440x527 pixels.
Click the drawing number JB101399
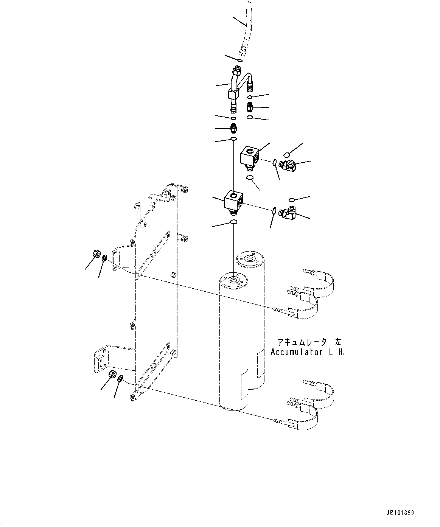400,513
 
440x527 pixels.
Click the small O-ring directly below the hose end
240,61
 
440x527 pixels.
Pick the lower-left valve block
233,200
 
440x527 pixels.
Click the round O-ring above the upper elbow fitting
287,154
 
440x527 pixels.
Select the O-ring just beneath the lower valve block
234,222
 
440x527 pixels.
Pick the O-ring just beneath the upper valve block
249,177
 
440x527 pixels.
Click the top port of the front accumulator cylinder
233,280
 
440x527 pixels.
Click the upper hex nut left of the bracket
96,253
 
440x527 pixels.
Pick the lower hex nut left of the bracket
112,375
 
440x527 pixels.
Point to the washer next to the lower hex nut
120,378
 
